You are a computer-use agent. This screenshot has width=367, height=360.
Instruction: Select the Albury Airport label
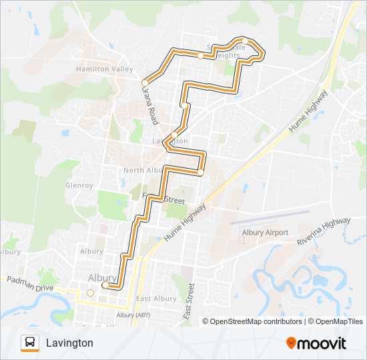coord(264,233)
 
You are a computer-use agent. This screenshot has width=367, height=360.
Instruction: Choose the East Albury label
coord(156,299)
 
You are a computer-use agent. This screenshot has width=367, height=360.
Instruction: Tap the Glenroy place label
coord(79,185)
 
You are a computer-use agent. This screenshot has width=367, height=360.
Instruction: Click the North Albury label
coord(143,170)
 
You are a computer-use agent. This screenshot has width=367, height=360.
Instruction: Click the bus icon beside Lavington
coord(29,343)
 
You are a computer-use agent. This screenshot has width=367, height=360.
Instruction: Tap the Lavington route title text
coord(69,343)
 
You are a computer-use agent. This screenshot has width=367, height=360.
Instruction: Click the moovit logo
coord(316,343)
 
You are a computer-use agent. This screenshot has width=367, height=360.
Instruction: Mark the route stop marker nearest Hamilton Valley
coord(145,83)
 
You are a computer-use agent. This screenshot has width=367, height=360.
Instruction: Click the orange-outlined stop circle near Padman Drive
coord(90,292)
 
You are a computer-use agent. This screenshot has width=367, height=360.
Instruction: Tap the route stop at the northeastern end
coord(246,41)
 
